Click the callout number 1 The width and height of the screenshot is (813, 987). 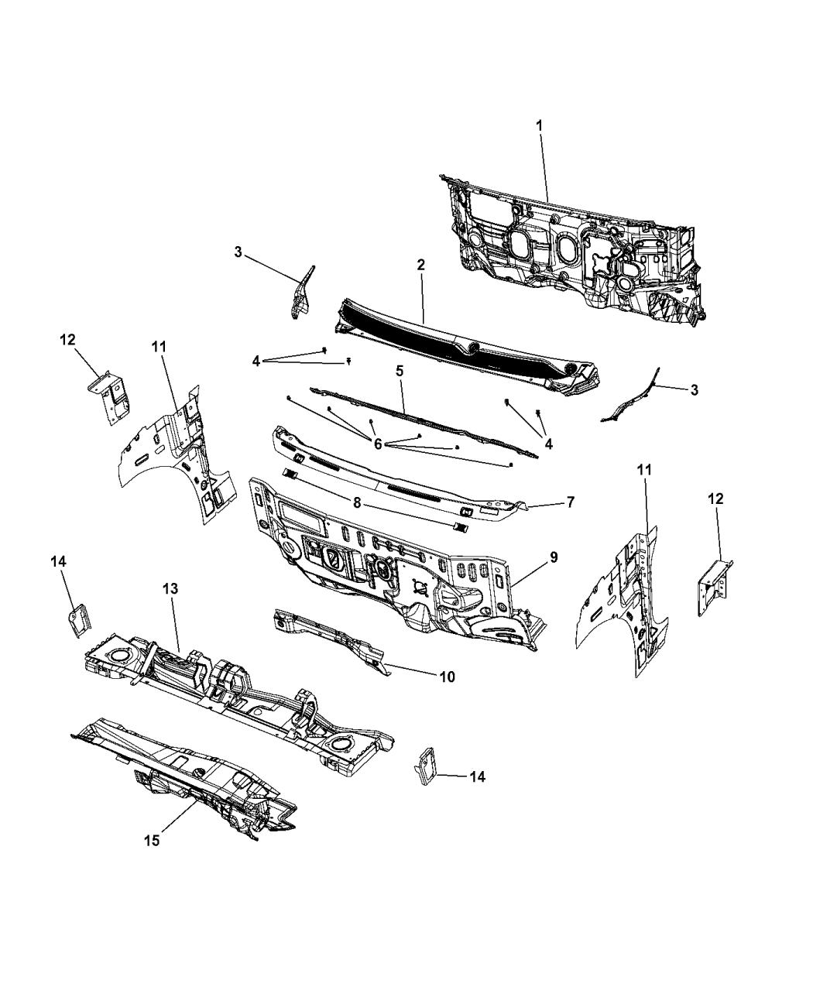539,126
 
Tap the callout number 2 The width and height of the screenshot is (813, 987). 420,265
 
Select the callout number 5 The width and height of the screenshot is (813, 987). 400,371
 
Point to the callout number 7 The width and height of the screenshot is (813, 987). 571,502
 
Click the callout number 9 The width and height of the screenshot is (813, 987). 554,557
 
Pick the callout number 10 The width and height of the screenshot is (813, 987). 448,677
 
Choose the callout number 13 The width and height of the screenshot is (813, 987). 171,588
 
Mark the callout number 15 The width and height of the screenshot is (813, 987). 153,841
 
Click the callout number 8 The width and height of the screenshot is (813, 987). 357,503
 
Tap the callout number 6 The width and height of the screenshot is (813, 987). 377,444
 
